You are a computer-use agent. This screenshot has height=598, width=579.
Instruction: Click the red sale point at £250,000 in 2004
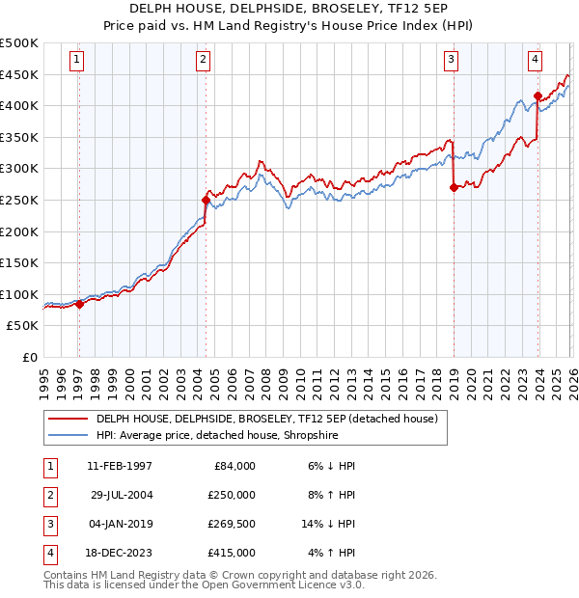coord(206,201)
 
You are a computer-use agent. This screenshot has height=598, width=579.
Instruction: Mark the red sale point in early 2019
coord(453,188)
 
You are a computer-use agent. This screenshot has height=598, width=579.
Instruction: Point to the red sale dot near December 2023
coord(537,96)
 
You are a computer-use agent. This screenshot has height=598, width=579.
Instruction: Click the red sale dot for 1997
coord(79,304)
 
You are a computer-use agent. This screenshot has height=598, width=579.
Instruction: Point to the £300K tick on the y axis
coord(19,169)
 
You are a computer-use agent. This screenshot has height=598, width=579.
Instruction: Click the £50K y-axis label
coord(23,326)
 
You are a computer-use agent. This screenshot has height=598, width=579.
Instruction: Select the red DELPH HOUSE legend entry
coord(266,419)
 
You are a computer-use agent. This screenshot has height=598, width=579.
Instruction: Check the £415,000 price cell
coord(231,553)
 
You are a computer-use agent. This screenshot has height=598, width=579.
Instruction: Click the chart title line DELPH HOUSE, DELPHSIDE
coord(289,10)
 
